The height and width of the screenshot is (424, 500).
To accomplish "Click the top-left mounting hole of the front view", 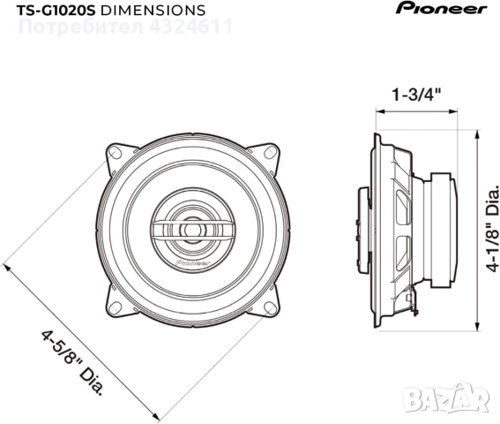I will [x=115, y=154].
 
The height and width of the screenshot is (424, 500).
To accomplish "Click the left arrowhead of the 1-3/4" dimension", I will [x=379, y=113].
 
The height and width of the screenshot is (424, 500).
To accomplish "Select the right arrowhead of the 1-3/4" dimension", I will [x=458, y=113].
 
